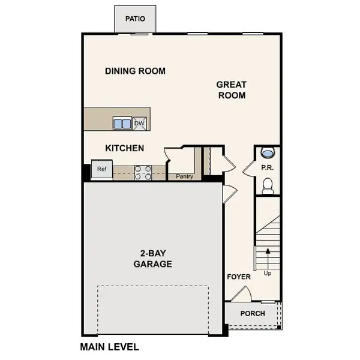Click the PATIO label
tap(135, 19)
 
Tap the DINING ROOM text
tap(135, 71)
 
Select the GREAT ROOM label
tap(231, 90)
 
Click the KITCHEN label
tap(124, 148)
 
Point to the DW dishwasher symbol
tap(139, 124)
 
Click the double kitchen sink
tap(122, 124)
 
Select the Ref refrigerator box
tap(102, 169)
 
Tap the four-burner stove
tap(142, 173)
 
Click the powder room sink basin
tap(268, 152)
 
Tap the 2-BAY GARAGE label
tap(152, 259)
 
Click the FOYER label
tap(238, 277)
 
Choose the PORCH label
tap(253, 313)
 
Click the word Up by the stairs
tap(267, 273)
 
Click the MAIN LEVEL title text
tap(109, 347)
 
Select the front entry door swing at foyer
tap(241, 294)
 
